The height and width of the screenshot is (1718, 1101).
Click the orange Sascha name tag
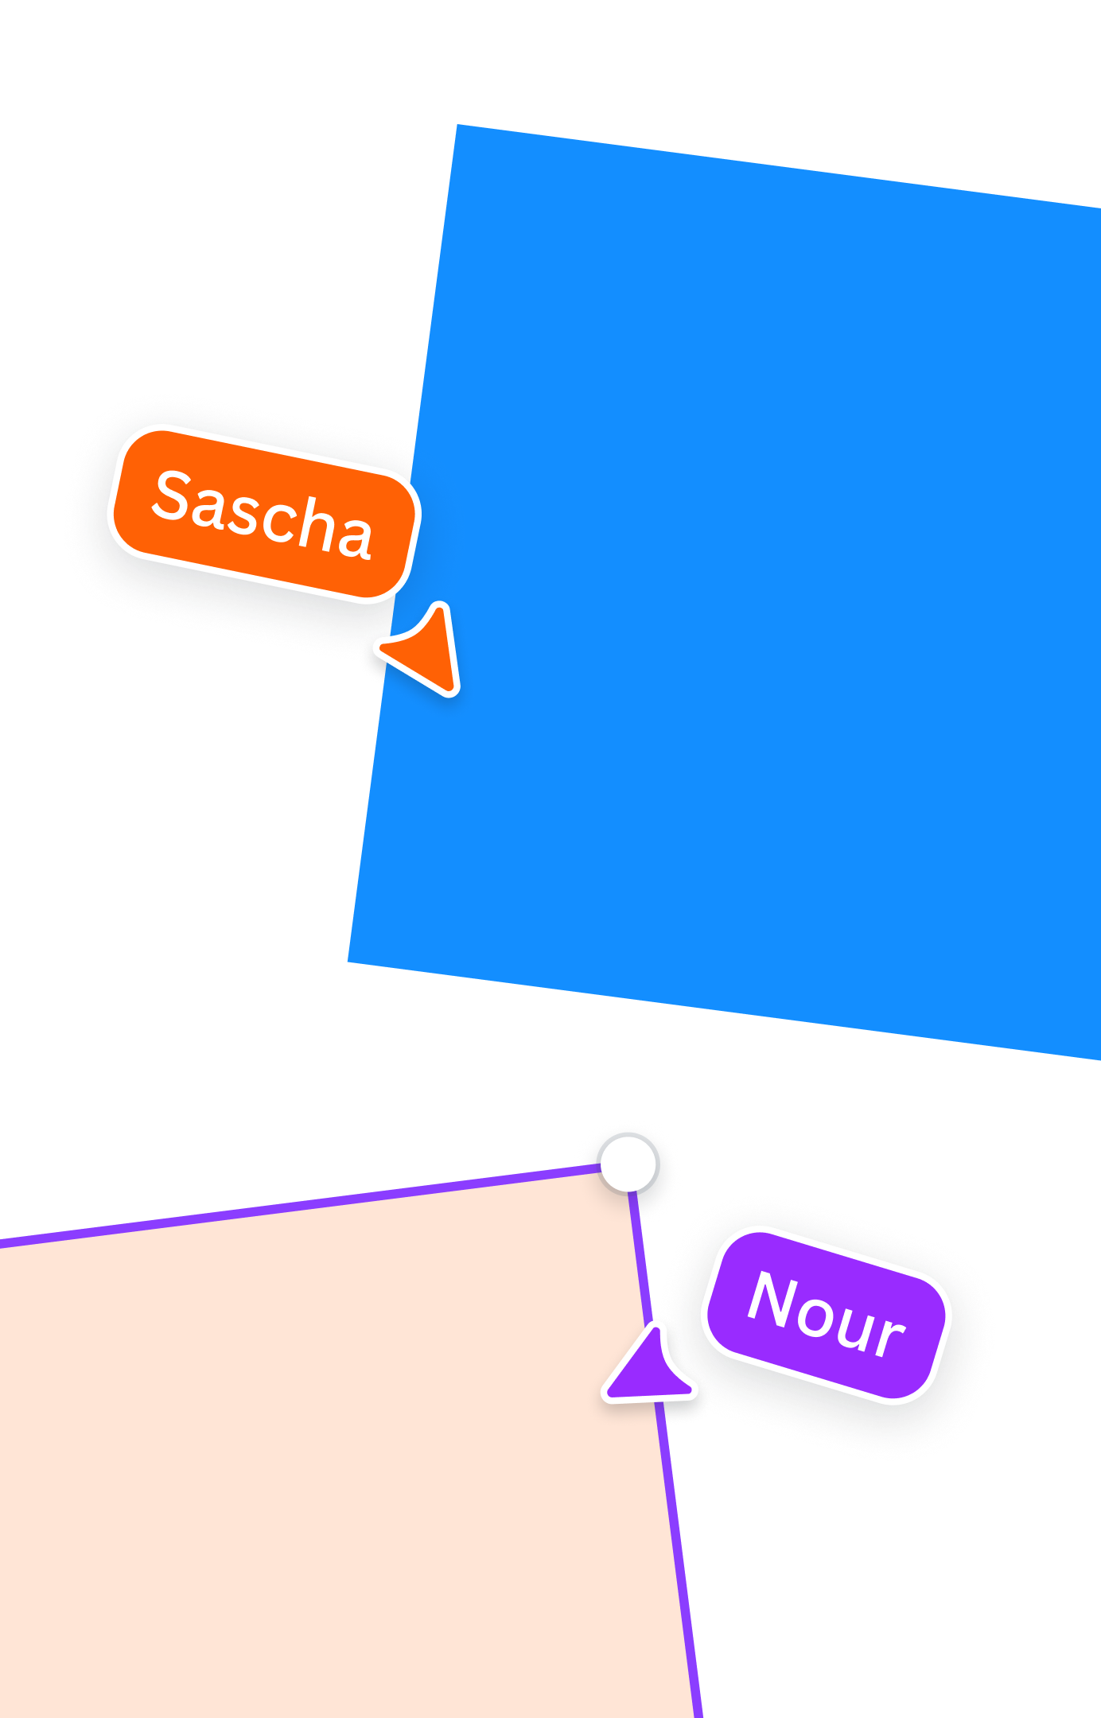click(x=263, y=514)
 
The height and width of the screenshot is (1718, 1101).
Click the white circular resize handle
click(x=628, y=1164)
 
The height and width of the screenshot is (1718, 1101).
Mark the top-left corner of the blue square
click(x=457, y=126)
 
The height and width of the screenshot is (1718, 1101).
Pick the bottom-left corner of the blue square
click(x=349, y=962)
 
